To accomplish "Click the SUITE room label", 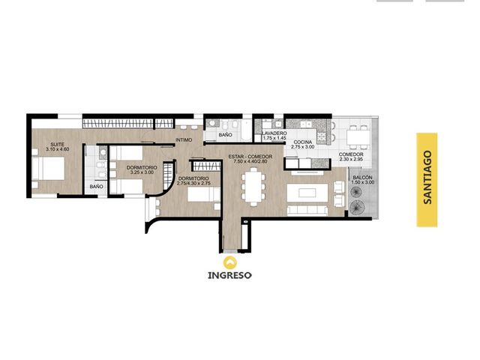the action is coord(58,144).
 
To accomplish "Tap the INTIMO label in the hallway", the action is coord(184,140).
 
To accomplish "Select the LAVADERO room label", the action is coord(274,133).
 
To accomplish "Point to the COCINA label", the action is coord(303,142).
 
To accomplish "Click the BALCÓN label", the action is coord(363,178).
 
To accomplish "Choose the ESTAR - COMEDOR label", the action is coord(250,157).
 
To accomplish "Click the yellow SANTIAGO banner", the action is coord(427,180).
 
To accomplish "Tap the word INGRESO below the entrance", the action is coord(230,275).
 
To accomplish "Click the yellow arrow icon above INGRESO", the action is coord(230,262).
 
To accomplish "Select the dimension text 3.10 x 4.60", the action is coord(58,149).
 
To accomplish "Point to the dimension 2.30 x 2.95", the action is coord(351,159).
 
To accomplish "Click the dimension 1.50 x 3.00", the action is coord(363,182).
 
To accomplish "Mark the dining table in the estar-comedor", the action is coord(253,187).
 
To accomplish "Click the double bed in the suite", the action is coord(48,168).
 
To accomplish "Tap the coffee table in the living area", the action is coord(307,193).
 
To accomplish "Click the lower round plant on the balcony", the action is coord(355,207).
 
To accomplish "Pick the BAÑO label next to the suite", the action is coord(97,187).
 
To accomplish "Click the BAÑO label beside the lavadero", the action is coord(225,135).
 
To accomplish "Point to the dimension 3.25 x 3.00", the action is coord(142,172).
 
